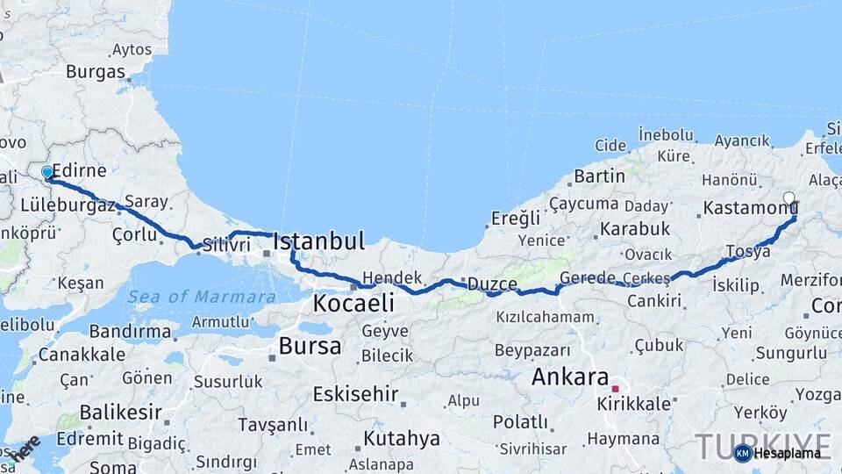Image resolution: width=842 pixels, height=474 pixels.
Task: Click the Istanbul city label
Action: click(318, 241)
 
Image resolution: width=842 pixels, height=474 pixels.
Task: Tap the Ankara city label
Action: click(570, 378)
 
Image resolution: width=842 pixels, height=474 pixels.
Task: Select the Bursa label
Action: click(310, 346)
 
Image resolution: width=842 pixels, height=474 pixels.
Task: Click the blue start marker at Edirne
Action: click(46, 173)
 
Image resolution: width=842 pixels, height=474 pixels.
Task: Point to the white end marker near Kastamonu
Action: click(788, 199)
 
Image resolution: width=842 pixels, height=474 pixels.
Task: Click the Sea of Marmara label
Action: click(201, 297)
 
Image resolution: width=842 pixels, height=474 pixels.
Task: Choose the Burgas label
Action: click(96, 71)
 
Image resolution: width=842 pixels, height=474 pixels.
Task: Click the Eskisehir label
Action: click(355, 394)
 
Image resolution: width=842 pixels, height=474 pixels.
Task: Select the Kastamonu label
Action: click(747, 210)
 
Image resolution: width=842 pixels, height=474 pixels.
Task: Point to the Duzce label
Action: click(492, 284)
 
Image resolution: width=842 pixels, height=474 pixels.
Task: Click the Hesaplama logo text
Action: click(788, 453)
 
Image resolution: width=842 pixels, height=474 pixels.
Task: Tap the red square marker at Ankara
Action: click(615, 388)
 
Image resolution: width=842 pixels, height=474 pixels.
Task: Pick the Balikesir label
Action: click(120, 412)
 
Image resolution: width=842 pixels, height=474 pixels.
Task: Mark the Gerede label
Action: click(587, 277)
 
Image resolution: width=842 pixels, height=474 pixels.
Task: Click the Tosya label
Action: click(748, 251)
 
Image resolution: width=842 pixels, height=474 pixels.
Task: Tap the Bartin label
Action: click(600, 176)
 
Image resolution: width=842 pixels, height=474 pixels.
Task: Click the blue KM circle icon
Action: click(742, 453)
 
